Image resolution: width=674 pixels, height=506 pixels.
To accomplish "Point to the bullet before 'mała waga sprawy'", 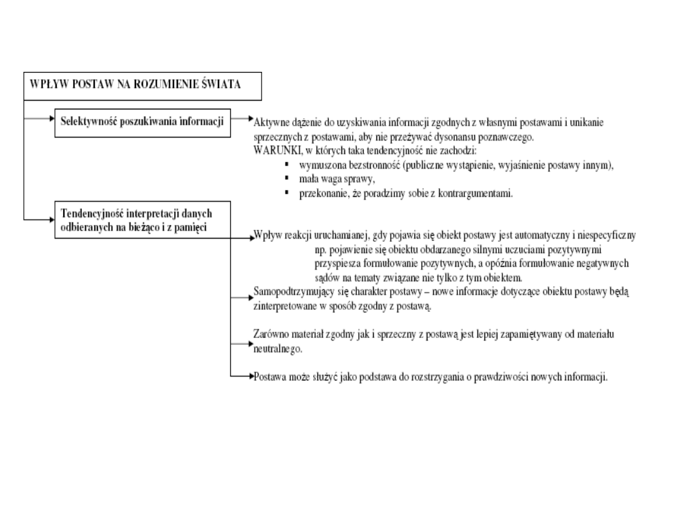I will click(x=285, y=179).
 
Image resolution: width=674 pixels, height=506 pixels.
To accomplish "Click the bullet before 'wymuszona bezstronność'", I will click(x=285, y=165).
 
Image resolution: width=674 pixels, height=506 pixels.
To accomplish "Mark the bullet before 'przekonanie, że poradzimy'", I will click(x=285, y=192).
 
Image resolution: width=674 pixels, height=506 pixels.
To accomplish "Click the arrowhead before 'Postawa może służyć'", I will click(x=250, y=377).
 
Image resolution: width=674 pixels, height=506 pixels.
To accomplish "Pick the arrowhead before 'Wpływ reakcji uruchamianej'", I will click(x=250, y=237).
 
